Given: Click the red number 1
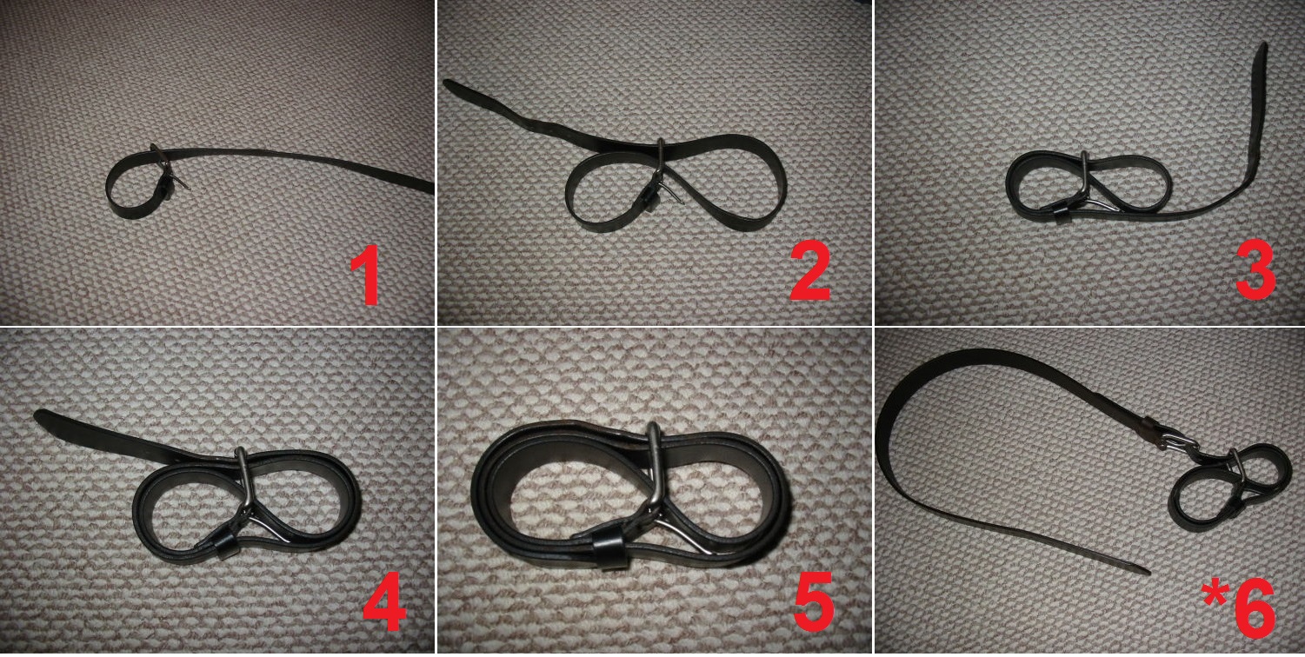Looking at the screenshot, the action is coord(366,275).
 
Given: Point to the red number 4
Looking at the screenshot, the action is coord(384,601).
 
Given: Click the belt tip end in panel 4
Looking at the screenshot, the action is coord(39,415).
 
